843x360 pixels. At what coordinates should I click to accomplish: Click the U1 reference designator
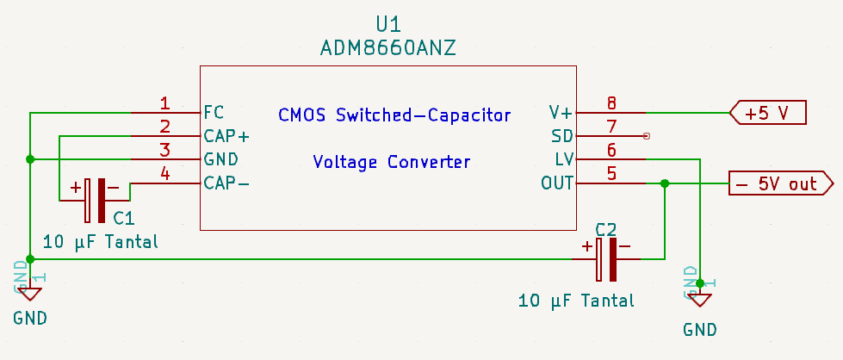(388, 23)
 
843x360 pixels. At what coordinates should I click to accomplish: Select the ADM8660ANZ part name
(387, 48)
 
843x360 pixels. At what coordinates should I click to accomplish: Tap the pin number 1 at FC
(164, 103)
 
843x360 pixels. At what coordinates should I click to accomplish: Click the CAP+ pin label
(226, 136)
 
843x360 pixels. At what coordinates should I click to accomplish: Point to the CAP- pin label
(226, 183)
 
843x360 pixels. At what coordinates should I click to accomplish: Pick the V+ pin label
(561, 112)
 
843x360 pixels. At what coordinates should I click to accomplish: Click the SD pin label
(561, 136)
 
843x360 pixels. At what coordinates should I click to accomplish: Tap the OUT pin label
(557, 183)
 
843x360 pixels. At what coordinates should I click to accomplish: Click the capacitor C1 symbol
(96, 199)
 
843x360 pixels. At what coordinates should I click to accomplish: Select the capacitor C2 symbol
(606, 258)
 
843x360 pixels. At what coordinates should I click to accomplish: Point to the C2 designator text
(606, 229)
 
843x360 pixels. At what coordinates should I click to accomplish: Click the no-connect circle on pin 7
(647, 136)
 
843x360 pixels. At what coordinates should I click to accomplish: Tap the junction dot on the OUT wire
(664, 183)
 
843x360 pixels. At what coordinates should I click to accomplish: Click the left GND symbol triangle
(30, 295)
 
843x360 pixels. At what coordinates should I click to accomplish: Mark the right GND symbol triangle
(700, 299)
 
